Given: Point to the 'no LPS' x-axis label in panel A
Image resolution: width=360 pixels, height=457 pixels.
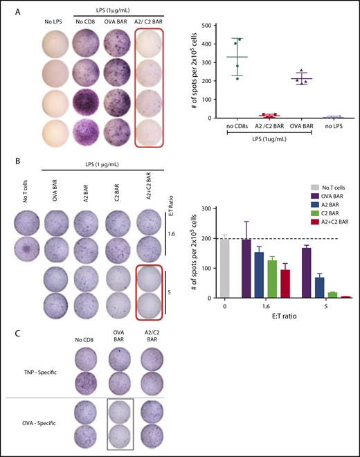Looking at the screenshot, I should (332, 126).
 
